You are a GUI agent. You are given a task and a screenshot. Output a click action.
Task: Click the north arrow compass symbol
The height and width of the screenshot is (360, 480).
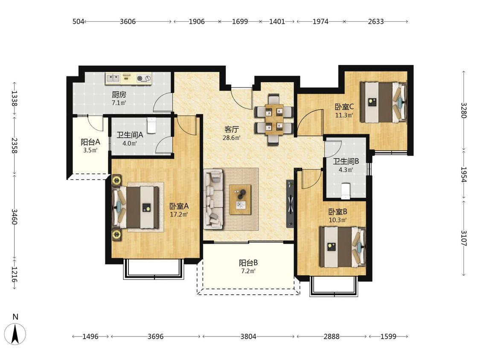click(x=15, y=333)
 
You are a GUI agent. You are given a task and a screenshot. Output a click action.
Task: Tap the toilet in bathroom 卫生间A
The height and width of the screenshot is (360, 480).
click(x=151, y=125)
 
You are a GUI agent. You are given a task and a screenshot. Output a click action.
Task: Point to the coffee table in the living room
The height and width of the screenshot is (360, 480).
click(x=240, y=200)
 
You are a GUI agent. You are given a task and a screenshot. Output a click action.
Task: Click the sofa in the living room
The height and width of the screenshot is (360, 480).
click(x=214, y=199)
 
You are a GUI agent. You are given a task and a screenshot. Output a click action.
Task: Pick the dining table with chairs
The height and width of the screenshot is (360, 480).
click(x=274, y=119)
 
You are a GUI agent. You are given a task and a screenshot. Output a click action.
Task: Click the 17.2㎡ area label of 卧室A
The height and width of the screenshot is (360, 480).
click(x=179, y=215)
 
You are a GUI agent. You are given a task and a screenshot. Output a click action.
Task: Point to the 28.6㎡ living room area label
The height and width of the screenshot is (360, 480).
click(x=231, y=138)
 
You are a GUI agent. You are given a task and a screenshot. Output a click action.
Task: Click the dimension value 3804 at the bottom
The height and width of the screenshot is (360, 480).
click(x=248, y=337)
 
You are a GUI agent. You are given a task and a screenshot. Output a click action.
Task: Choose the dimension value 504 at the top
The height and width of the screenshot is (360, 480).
click(x=79, y=21)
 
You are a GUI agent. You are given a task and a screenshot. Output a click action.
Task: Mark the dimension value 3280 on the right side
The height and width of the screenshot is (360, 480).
click(x=464, y=110)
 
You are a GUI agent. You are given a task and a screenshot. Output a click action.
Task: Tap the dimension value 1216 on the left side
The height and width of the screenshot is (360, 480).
click(x=15, y=274)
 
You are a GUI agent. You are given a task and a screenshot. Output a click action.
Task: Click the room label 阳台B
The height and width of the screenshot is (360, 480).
click(x=248, y=263)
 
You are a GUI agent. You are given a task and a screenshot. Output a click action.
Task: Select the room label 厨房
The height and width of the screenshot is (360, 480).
click(x=119, y=95)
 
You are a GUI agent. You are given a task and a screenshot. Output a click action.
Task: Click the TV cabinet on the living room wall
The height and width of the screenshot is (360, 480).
click(x=290, y=203)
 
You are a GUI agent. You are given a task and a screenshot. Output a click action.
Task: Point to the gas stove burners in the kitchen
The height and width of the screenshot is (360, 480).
click(x=144, y=78)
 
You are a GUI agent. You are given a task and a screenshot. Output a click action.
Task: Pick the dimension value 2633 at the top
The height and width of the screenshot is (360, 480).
click(x=375, y=21)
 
